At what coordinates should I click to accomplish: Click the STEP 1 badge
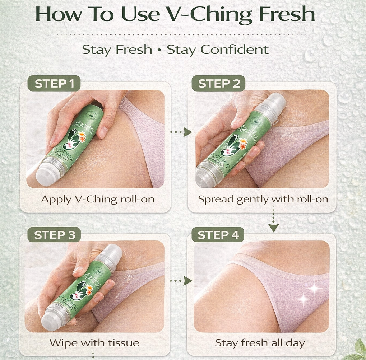point(54,84)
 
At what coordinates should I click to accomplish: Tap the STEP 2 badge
point(219,84)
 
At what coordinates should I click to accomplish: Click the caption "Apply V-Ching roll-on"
point(97,199)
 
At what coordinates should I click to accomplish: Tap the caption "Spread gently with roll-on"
point(263,199)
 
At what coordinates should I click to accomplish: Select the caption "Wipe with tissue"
point(94,342)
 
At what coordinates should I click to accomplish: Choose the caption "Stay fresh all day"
point(260,342)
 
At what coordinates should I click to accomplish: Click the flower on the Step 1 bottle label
point(82,137)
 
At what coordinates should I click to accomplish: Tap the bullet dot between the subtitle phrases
point(159,50)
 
